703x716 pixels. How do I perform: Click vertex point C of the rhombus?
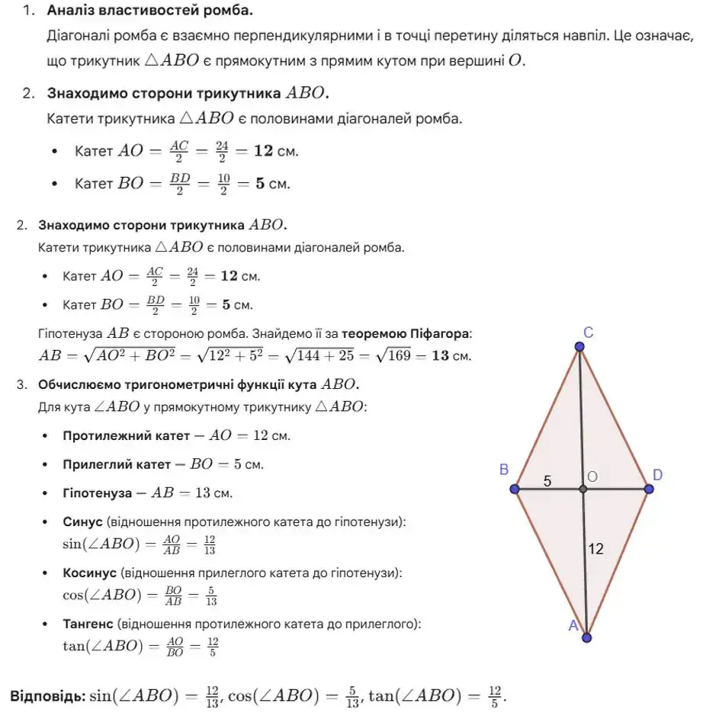pos(579,347)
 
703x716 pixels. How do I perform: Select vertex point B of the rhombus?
pos(516,489)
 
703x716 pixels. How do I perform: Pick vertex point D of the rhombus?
pos(649,489)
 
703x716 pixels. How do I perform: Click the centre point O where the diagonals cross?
pos(583,489)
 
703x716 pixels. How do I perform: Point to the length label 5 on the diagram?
pos(547,481)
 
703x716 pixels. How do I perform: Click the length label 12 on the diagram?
pos(596,548)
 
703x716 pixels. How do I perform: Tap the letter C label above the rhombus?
pos(588,332)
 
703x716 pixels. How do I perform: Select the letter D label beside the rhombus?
pos(657,475)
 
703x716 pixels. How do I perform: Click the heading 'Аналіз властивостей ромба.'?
pos(150,11)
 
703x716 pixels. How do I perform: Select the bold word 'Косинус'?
pos(89,573)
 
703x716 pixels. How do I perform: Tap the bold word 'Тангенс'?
pos(89,624)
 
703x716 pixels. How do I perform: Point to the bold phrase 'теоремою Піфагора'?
pos(406,334)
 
